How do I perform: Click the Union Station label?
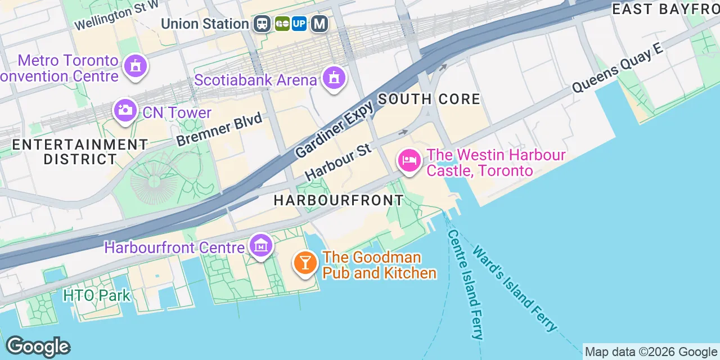click(205, 24)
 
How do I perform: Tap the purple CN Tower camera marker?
click(124, 110)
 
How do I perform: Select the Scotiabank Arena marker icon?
click(334, 78)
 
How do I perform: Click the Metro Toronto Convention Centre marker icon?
click(135, 66)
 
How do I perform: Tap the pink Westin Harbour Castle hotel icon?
click(409, 161)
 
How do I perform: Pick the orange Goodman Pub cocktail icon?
click(305, 263)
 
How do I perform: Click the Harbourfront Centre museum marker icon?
click(261, 246)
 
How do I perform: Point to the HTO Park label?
click(97, 295)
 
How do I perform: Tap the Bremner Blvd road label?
click(219, 129)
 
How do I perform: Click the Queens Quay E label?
click(617, 69)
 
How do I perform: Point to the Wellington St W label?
click(116, 16)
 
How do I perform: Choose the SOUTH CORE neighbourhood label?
click(429, 100)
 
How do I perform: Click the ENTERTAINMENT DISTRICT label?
click(80, 152)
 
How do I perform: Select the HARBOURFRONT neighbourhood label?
click(339, 200)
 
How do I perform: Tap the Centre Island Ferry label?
click(466, 284)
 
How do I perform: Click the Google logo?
click(38, 346)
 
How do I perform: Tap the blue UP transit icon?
click(299, 24)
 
